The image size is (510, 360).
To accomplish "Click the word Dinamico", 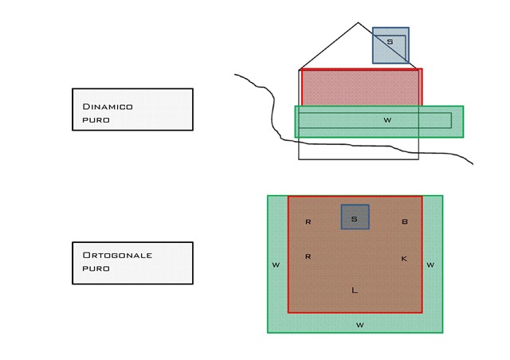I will (108, 106).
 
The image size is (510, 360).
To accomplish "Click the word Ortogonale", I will (117, 255).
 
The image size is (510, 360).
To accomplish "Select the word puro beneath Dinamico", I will (96, 119).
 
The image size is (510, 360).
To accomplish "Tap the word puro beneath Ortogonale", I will (96, 268).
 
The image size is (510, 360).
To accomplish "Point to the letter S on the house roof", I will (390, 41).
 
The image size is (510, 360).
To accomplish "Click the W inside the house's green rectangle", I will (387, 120).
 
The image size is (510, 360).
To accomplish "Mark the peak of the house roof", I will (359, 23).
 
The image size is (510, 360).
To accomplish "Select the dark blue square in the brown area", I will (355, 217).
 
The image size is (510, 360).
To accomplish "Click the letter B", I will (404, 221).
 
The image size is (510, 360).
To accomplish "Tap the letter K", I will (404, 258).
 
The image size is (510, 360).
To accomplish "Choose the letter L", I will (355, 290).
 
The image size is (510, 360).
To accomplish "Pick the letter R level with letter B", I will (308, 221).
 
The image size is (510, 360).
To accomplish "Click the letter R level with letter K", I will (308, 256).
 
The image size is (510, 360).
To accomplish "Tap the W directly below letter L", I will (359, 324).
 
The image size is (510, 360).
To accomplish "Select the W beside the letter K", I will (430, 264).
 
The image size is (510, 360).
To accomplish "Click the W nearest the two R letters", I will (276, 264).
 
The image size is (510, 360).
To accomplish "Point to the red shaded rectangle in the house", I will (360, 87).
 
